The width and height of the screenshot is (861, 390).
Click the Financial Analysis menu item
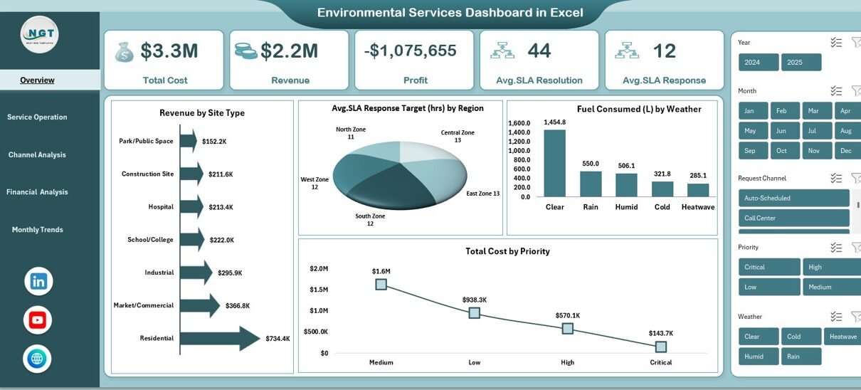tap(37, 192)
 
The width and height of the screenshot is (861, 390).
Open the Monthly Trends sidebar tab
tap(37, 230)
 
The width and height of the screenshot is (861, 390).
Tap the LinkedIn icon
tap(38, 281)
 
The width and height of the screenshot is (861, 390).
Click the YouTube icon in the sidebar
tap(38, 320)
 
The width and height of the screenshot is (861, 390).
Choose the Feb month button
tap(781, 111)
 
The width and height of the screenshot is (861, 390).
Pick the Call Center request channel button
tap(793, 218)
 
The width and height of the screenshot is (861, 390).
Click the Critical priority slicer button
tap(768, 267)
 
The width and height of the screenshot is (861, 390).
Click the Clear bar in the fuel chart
tap(554, 163)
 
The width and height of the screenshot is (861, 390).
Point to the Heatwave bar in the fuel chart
tap(698, 189)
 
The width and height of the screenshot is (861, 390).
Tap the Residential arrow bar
tap(220, 339)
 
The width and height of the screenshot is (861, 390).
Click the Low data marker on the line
tap(474, 312)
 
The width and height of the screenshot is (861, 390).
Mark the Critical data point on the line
tap(660, 347)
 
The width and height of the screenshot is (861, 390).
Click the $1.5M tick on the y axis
tap(318, 290)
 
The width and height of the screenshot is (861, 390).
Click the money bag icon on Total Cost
tap(124, 51)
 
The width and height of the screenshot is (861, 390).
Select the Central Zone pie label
tap(457, 136)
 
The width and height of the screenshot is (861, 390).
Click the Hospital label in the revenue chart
tap(161, 207)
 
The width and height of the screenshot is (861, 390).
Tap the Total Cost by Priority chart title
tap(507, 251)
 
